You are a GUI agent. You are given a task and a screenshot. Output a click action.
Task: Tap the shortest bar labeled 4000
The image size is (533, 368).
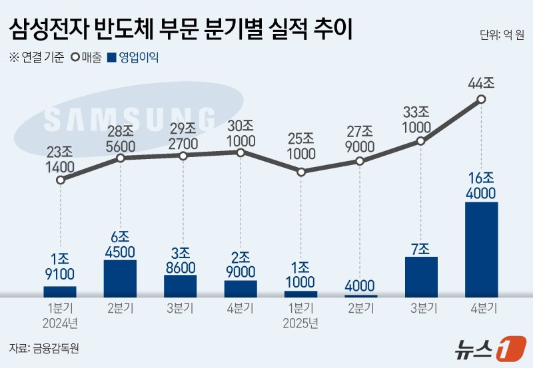pyautogui.click(x=360, y=295)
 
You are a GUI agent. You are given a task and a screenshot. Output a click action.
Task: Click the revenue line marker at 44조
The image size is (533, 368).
pyautogui.click(x=481, y=100)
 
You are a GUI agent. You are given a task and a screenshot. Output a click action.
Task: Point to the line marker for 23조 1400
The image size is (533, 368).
pyautogui.click(x=61, y=180)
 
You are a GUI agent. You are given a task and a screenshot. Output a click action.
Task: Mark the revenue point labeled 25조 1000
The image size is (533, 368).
pyautogui.click(x=300, y=172)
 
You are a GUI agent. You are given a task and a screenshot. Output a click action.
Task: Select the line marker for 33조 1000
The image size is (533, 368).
pyautogui.click(x=420, y=141)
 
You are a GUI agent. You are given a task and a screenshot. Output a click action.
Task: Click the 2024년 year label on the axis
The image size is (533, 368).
pyautogui.click(x=60, y=324)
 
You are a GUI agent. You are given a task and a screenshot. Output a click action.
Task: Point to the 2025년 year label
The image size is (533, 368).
pyautogui.click(x=300, y=324)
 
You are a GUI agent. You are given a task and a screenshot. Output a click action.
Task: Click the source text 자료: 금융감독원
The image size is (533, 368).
pyautogui.click(x=44, y=348)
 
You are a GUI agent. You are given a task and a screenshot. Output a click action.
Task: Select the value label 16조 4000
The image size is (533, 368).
pyautogui.click(x=481, y=185)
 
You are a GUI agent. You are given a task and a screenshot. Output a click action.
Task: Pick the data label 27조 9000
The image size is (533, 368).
pyautogui.click(x=360, y=138)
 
